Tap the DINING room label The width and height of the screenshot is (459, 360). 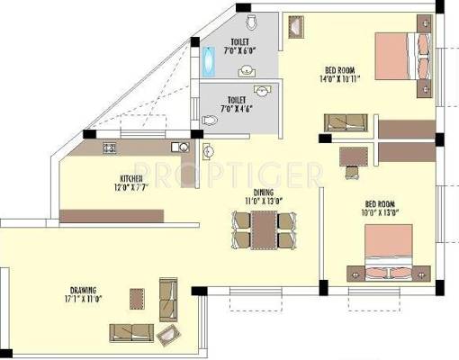(x=265, y=193)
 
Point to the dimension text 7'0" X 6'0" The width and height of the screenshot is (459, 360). (x=239, y=52)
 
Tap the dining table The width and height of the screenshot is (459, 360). (x=263, y=231)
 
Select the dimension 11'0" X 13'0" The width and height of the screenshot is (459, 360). (x=264, y=202)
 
